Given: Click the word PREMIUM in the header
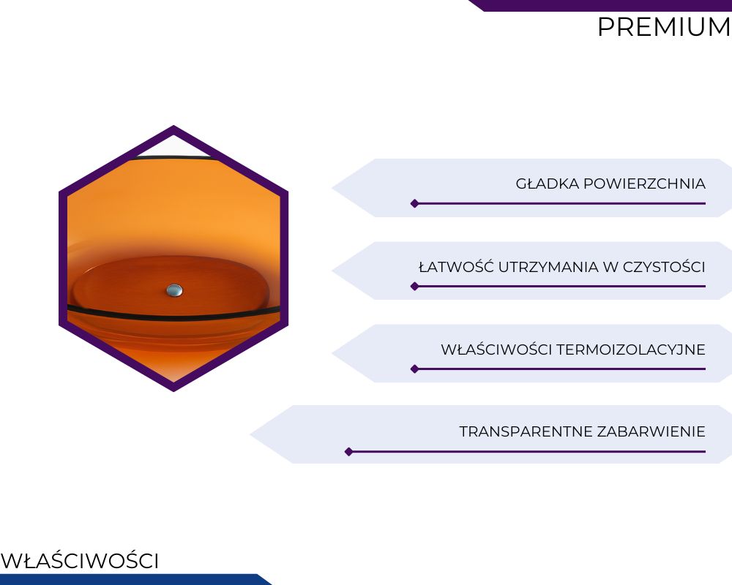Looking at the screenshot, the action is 664,27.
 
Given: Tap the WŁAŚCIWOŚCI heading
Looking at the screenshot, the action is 80,560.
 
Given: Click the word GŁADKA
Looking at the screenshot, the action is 547,184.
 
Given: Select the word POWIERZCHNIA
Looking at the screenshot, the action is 644,184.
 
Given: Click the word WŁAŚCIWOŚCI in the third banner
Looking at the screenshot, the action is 496,349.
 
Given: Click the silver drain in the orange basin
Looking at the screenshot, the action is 175,290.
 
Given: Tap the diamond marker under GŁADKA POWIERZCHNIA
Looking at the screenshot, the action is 414,203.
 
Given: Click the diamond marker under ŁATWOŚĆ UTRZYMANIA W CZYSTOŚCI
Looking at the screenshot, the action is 414,287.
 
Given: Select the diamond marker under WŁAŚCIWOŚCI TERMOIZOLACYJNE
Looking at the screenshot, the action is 414,369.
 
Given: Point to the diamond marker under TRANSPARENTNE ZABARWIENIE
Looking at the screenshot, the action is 348,452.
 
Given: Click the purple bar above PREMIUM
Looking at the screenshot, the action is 600,5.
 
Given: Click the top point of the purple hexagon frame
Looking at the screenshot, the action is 173,126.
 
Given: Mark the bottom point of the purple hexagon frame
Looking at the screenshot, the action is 173,391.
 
